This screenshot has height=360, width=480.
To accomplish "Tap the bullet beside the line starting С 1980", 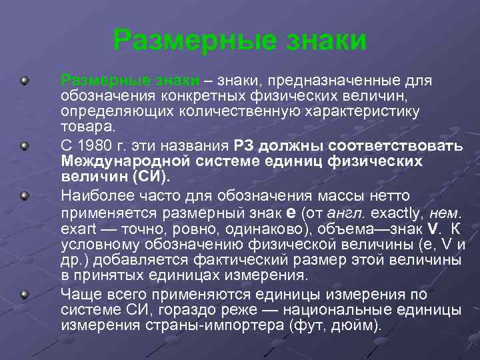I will click(x=25, y=145).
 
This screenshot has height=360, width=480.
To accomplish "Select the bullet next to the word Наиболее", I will click(x=25, y=196).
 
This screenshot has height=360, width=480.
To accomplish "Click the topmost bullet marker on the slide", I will click(x=25, y=81).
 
